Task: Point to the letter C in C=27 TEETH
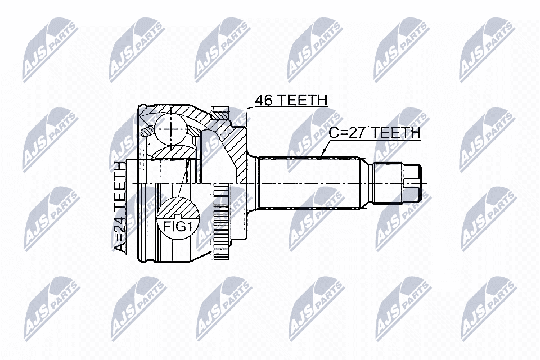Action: (334, 133)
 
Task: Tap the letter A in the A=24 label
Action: (120, 246)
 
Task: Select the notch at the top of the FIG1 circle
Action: (178, 216)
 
